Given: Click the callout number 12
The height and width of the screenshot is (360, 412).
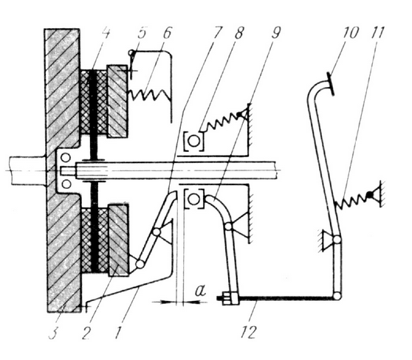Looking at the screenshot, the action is click(248, 331).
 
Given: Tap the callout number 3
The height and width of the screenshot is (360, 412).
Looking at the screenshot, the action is click(53, 332).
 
